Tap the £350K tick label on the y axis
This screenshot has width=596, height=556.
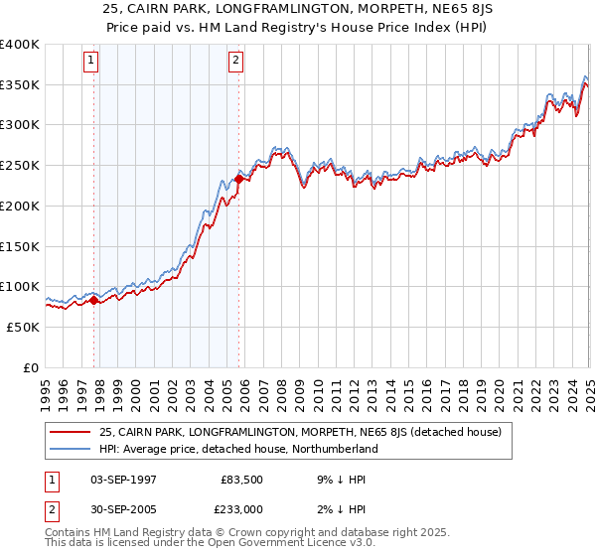click(19, 84)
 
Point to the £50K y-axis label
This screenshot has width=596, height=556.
click(22, 327)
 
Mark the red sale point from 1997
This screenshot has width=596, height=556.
click(94, 300)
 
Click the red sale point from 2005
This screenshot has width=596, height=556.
click(239, 179)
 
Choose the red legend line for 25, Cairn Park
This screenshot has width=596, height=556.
click(71, 432)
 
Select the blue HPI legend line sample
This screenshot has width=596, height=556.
click(71, 449)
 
